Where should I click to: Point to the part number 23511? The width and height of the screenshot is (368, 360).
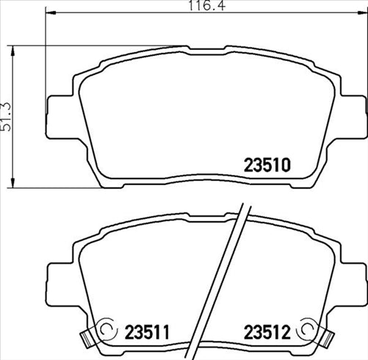tap(145, 333)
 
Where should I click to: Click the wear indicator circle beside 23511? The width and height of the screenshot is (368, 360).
tap(107, 330)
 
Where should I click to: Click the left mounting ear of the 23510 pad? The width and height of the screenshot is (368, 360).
tap(59, 115)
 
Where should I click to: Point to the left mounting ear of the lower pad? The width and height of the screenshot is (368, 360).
tap(59, 278)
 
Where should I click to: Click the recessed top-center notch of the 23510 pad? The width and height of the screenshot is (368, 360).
tap(206, 51)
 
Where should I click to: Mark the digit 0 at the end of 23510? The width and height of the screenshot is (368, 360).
tap(287, 165)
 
